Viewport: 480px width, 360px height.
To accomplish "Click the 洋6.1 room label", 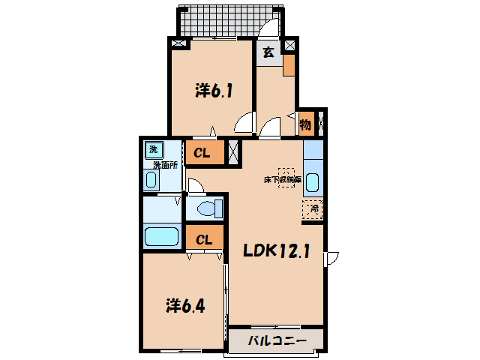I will click(214, 91).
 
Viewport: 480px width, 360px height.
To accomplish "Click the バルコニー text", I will click(277, 341).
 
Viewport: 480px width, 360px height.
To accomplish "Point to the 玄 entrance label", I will click(268, 52).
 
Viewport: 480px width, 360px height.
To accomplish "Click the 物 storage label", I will click(305, 124).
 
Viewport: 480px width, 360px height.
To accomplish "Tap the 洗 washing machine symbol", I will click(154, 149).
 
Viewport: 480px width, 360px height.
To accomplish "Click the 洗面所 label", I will click(164, 164).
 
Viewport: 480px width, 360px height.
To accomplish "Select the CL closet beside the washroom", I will click(203, 153).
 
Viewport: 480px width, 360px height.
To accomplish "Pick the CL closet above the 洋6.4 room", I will click(204, 239).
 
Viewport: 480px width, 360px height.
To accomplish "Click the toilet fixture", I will click(203, 208).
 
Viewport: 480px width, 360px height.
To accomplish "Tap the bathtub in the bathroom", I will click(161, 238).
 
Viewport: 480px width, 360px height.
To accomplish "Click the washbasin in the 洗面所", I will click(152, 181).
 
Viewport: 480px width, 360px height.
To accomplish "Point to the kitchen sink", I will click(313, 183).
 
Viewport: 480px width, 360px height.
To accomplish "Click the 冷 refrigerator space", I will click(313, 210).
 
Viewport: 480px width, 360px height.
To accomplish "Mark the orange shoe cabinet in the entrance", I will click(289, 65).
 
